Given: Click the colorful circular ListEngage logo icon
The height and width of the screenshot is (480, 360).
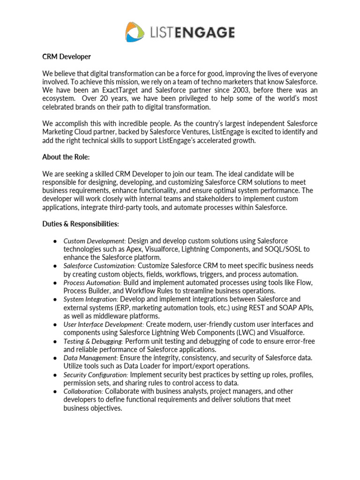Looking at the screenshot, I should [x=135, y=32].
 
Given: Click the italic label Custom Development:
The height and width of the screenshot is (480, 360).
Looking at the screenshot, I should [x=95, y=241].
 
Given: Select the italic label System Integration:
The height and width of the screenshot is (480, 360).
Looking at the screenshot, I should [x=91, y=300].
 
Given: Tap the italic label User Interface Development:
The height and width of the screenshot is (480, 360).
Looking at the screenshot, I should [x=104, y=325].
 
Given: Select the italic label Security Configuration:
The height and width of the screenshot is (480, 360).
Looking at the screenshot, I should [x=96, y=375].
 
